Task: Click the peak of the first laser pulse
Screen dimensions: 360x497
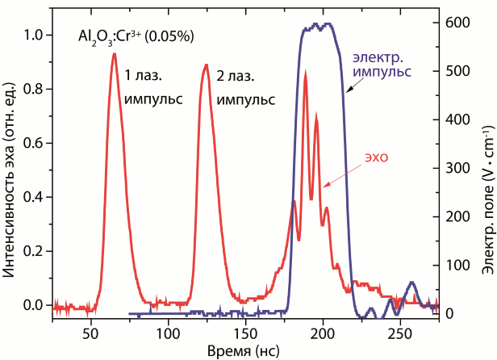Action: [x=115, y=54]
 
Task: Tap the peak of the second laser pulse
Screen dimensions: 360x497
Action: [x=207, y=65]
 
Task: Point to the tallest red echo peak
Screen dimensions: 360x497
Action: [x=305, y=73]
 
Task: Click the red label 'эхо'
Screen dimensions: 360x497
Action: [x=375, y=157]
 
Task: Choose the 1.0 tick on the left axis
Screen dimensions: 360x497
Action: [x=34, y=36]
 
